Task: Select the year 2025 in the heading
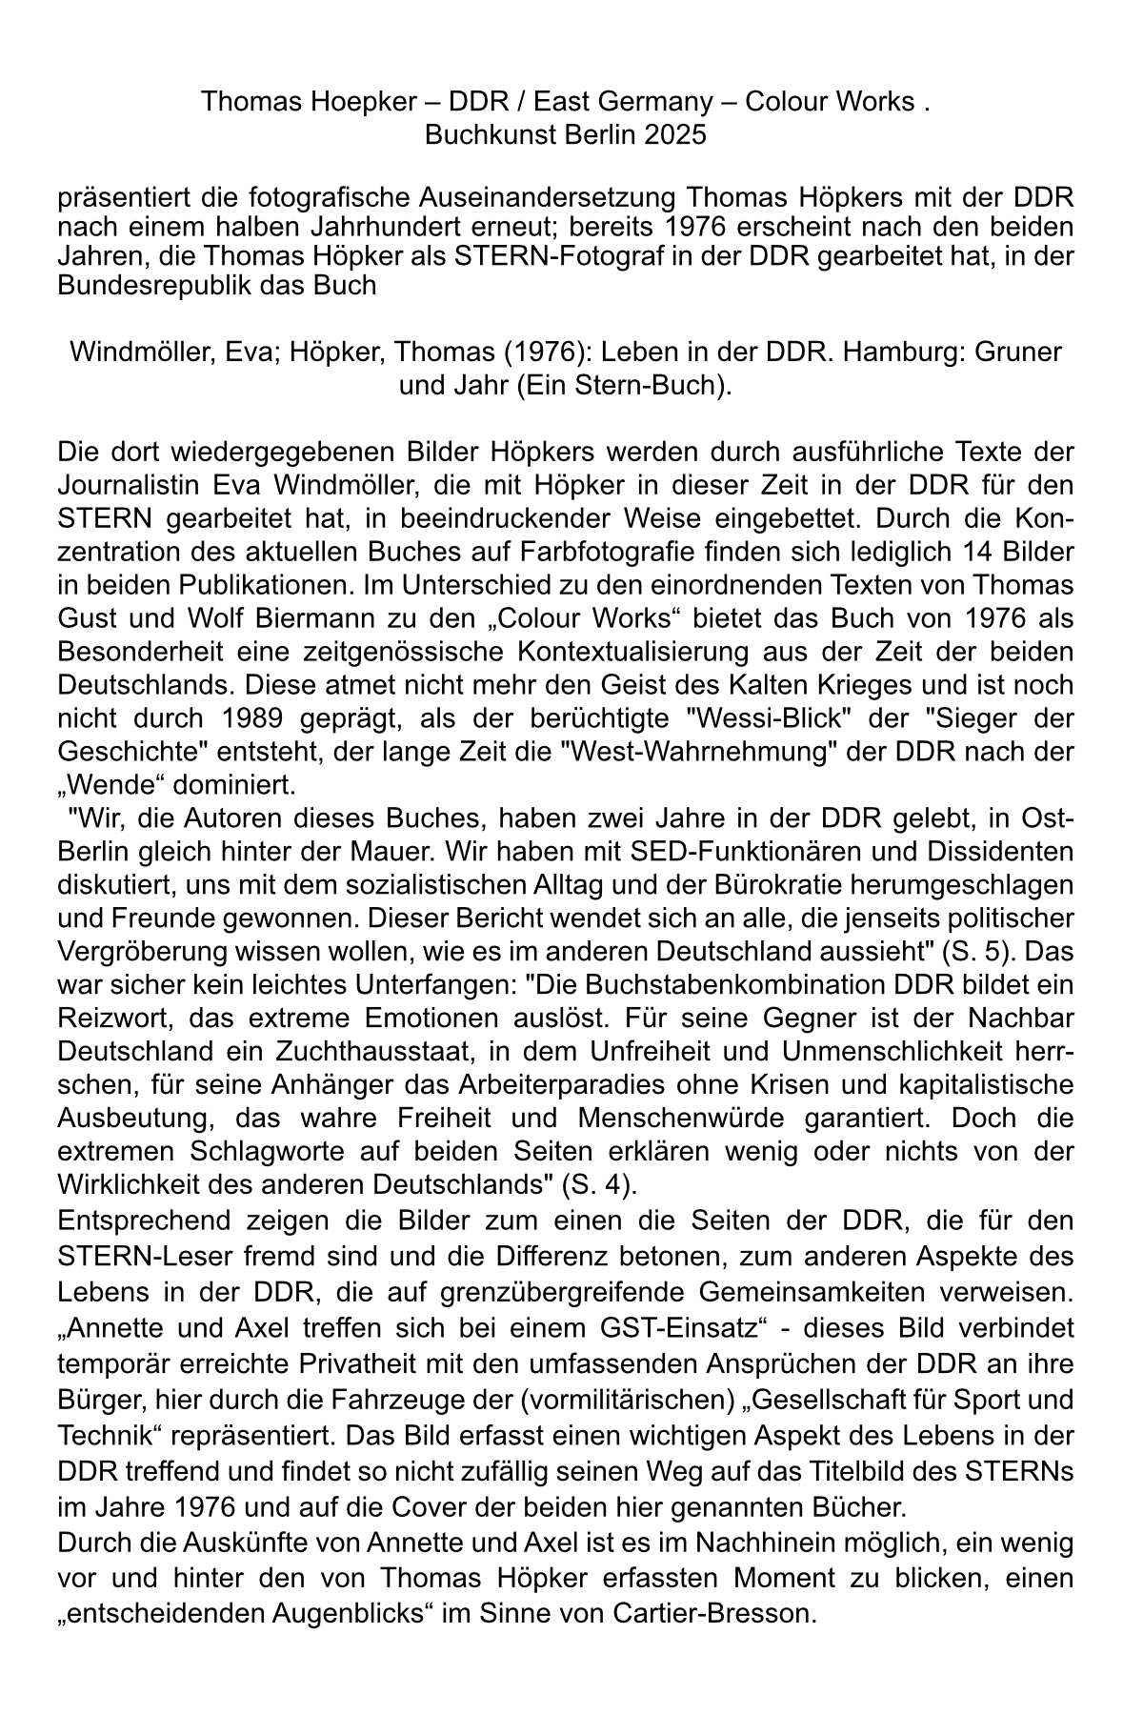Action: (x=674, y=134)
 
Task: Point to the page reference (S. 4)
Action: (x=599, y=1185)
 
